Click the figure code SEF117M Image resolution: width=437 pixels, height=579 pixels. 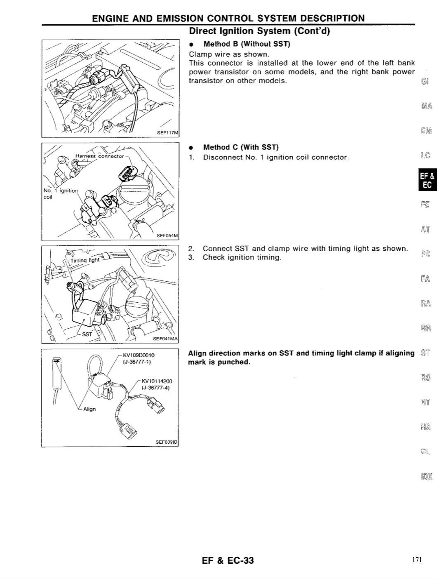tap(168, 133)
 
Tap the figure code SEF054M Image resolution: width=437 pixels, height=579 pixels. tap(167, 235)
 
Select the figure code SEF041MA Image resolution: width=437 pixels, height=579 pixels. tap(165, 339)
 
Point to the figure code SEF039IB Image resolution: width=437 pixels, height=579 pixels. tap(167, 442)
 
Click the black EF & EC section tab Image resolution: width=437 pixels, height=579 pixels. tap(427, 179)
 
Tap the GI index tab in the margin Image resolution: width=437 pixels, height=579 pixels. tap(425, 81)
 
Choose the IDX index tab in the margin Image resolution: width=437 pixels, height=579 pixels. tap(427, 476)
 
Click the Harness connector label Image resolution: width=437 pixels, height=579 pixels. tap(100, 156)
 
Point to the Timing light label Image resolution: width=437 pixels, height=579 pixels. tap(85, 260)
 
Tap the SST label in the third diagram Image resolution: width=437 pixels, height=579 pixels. tap(87, 334)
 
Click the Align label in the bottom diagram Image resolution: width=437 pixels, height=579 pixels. tap(89, 409)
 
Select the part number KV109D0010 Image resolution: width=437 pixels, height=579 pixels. tap(139, 355)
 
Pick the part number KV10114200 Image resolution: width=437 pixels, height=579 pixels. tap(157, 381)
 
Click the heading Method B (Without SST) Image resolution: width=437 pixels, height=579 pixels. tap(247, 44)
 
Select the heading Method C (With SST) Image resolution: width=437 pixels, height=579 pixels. tap(241, 147)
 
